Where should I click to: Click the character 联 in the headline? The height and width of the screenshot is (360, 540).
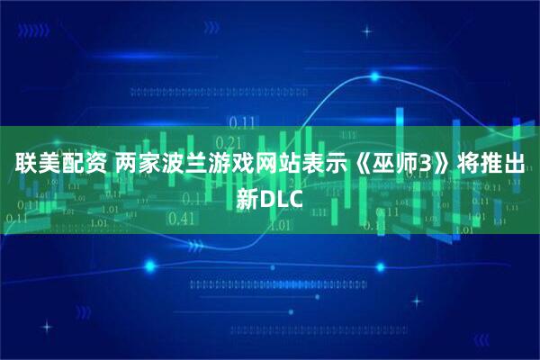click(25, 164)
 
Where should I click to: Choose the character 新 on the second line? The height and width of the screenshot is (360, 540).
click(249, 195)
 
